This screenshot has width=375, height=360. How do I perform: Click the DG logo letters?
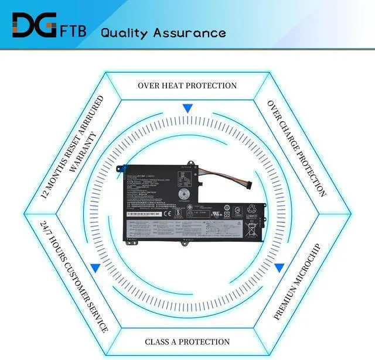pos(34,26)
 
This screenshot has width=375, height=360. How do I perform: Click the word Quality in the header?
pos(124,32)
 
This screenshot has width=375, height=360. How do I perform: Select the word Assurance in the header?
pos(189,32)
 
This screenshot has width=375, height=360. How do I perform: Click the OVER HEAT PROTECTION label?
pos(187,85)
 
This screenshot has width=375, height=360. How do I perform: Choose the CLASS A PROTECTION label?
pos(187,341)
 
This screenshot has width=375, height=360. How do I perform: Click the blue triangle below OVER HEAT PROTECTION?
pos(187,109)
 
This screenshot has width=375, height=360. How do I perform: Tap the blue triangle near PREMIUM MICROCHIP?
pos(279,268)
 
